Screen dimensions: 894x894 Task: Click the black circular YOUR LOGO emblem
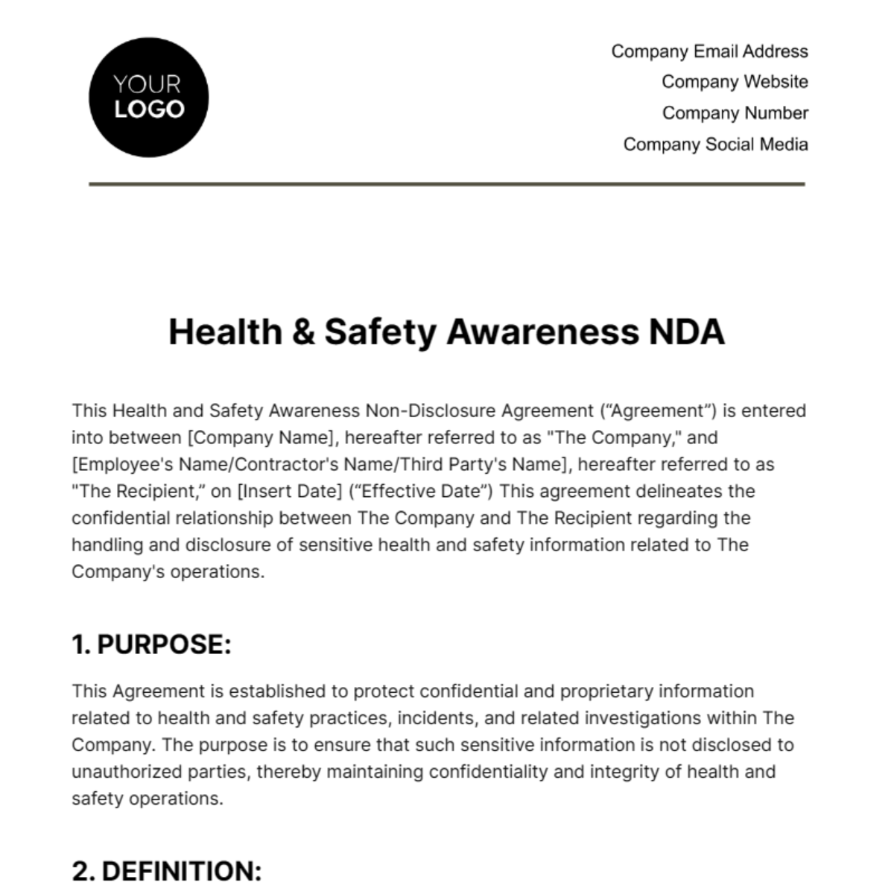coord(148,98)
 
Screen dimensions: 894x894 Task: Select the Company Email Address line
coord(709,51)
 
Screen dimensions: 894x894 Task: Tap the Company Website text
coord(735,82)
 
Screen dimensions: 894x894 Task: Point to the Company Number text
coord(735,113)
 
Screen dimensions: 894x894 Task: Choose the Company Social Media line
coord(715,145)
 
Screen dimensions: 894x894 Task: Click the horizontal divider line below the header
coord(447,183)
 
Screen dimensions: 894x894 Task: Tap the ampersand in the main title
coord(303,332)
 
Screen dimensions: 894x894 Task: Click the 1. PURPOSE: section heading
coord(151,644)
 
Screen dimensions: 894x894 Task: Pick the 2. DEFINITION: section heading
coord(167,871)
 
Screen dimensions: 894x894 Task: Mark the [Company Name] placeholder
coord(263,437)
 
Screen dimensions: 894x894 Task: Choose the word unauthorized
coord(123,771)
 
